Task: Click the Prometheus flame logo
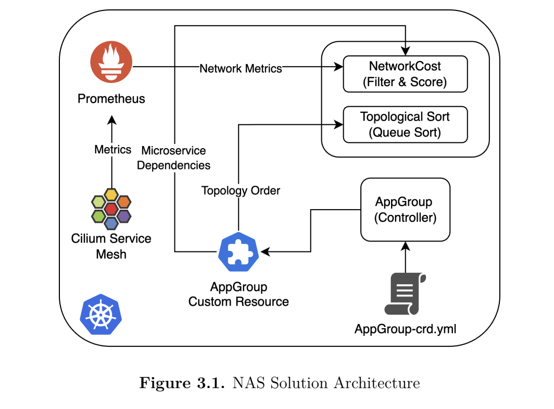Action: (110, 63)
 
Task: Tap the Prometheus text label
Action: (111, 99)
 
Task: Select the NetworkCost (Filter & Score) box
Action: (405, 74)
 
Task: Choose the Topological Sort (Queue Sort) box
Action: (405, 124)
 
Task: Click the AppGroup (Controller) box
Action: (405, 210)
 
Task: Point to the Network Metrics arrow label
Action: (241, 68)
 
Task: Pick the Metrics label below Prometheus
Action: (112, 150)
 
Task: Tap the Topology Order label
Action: (241, 190)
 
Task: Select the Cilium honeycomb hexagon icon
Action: (111, 209)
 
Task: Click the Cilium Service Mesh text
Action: (111, 246)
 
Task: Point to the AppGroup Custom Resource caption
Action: (238, 294)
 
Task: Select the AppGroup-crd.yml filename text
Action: (406, 329)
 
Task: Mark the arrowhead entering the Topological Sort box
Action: (339, 124)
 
